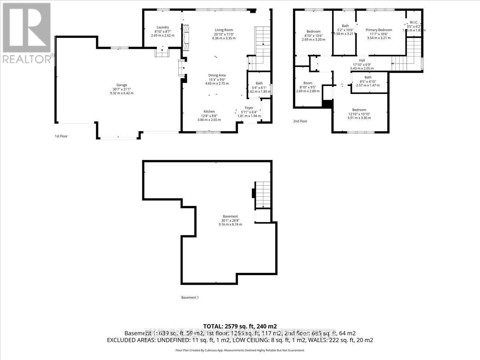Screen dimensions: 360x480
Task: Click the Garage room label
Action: pos(122,85)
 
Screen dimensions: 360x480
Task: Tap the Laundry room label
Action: pos(163,27)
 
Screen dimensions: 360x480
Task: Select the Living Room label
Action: pos(224,30)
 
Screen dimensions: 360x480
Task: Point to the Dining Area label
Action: pos(217,75)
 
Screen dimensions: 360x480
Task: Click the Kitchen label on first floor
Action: pos(209,111)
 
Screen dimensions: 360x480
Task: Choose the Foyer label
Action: pos(249,108)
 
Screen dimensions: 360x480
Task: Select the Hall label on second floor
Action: pos(362,60)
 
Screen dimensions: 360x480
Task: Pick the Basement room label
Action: pos(230,216)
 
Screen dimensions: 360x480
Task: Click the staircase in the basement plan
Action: pos(263,194)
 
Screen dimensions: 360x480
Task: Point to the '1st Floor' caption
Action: pos(61,136)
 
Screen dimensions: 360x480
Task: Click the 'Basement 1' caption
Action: pos(190,297)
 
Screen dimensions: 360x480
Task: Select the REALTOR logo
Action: pos(26,32)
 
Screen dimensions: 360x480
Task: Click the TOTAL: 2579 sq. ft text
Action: pos(240,326)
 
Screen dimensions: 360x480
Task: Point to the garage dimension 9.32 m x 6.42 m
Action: pos(122,93)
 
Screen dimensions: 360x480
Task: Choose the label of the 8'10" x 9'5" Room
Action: pos(308,83)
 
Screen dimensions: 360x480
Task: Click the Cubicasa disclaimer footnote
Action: pos(240,350)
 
